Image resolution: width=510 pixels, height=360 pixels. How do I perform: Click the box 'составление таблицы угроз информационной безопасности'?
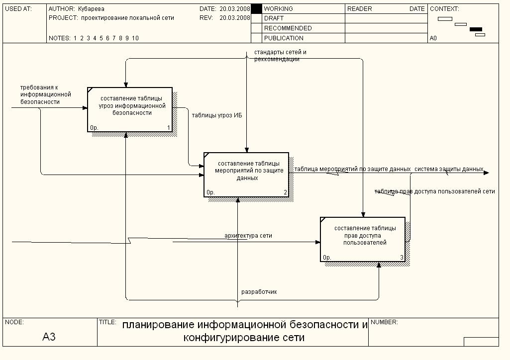pos(130,109)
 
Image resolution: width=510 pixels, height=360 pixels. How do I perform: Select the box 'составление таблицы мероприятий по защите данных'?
pos(246,174)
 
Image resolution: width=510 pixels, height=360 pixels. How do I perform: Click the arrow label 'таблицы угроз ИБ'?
pos(216,116)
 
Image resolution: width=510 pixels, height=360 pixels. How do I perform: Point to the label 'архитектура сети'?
pos(248,236)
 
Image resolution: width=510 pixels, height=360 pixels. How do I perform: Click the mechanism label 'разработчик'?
pos(259,292)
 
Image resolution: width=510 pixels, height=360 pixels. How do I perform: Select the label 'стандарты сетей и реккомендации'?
pos(280,56)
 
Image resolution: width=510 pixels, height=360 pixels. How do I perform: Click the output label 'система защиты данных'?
pos(449,169)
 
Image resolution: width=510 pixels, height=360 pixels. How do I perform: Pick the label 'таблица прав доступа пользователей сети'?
pos(435,191)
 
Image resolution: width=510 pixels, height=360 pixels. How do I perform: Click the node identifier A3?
pos(49,337)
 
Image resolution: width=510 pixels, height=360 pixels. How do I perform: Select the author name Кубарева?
pos(92,9)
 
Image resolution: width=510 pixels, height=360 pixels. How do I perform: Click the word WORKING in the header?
pos(278,9)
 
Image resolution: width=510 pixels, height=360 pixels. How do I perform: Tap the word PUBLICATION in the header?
pos(284,38)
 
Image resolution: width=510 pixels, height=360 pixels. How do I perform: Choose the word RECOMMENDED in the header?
pos(288,28)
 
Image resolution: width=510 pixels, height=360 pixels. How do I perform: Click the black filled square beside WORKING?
pos(256,9)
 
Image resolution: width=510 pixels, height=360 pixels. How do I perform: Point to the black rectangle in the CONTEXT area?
pos(476,29)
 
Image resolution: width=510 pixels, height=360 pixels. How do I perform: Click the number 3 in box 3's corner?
pos(402,257)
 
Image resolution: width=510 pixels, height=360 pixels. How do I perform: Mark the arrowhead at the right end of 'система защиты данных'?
pos(487,173)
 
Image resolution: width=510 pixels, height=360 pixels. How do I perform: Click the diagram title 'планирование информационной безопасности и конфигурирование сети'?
pos(245,331)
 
